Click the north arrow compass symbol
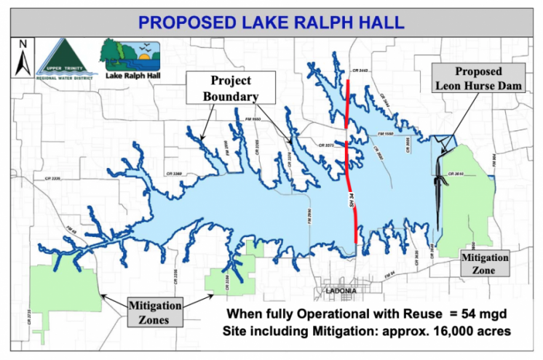click(x=23, y=59)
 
